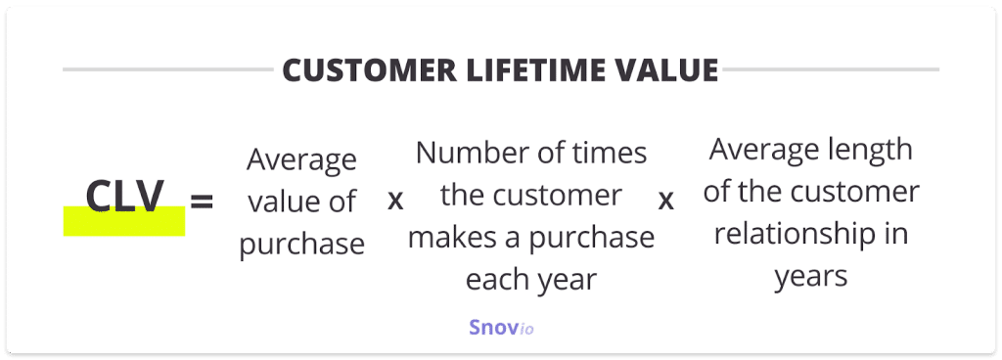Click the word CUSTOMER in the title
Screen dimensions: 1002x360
click(x=369, y=70)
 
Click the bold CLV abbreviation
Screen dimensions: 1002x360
click(x=124, y=197)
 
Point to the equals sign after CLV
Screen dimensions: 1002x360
click(x=202, y=202)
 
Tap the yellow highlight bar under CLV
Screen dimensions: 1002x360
click(x=124, y=221)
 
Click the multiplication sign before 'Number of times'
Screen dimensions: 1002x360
click(x=395, y=202)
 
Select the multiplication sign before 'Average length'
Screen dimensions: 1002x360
click(x=665, y=202)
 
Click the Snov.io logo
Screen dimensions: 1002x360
click(x=501, y=328)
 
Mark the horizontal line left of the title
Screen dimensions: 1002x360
click(x=168, y=69)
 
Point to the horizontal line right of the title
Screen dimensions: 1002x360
click(x=831, y=69)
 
